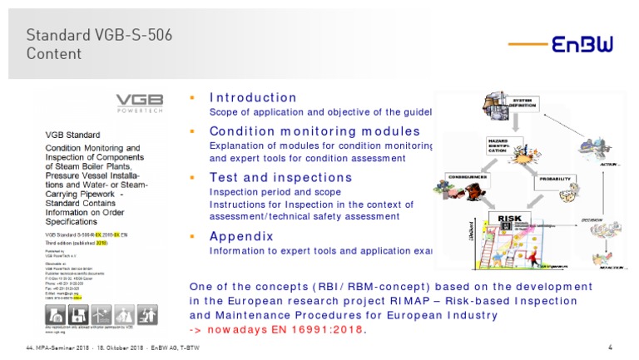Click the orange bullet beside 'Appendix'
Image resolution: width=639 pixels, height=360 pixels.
(x=193, y=236)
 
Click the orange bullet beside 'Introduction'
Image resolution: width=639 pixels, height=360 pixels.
(x=193, y=97)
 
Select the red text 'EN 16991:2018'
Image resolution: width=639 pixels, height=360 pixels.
(x=319, y=330)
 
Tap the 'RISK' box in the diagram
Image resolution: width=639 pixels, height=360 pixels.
(x=508, y=219)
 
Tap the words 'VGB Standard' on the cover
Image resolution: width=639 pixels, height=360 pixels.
(x=72, y=134)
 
